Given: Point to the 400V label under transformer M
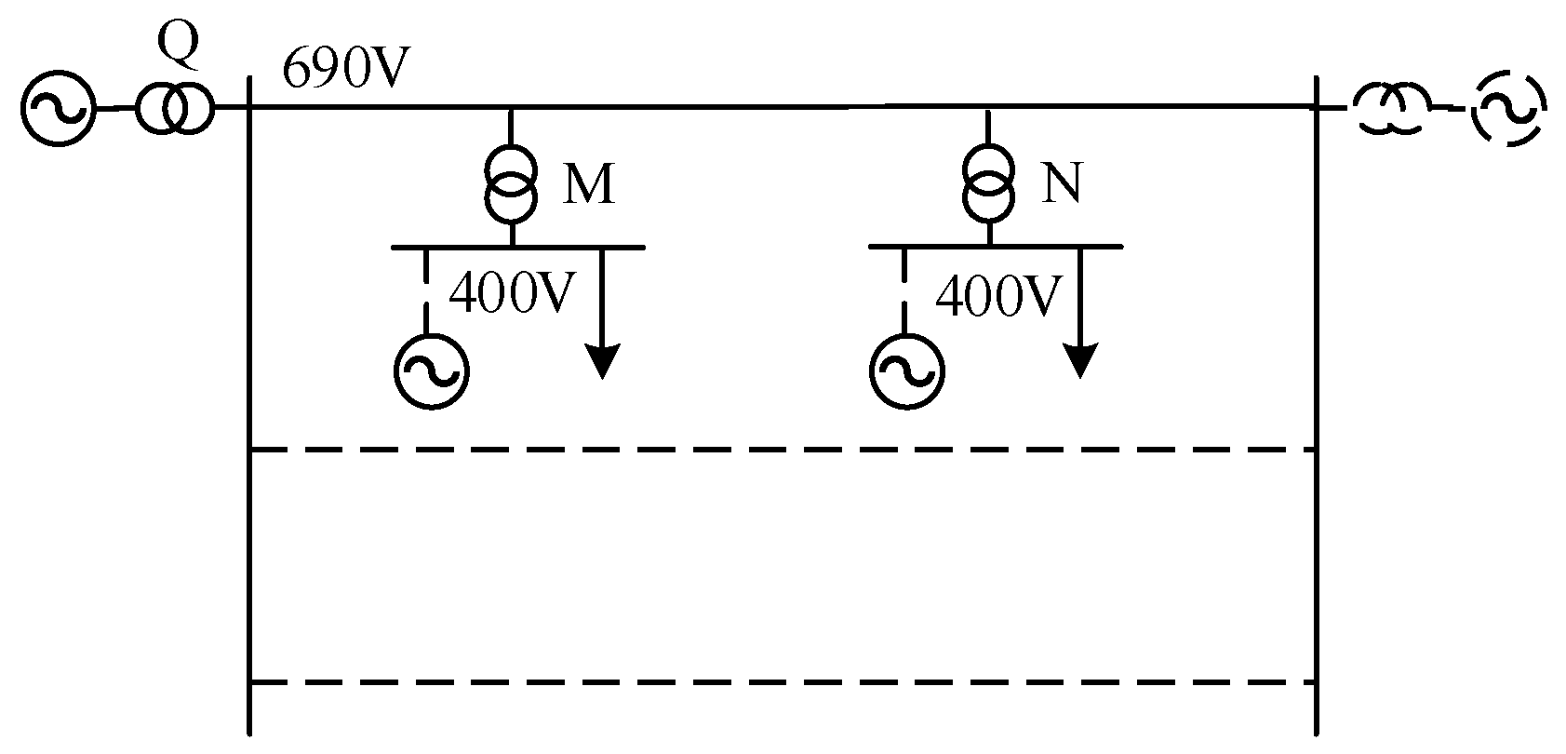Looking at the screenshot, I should pyautogui.click(x=507, y=297).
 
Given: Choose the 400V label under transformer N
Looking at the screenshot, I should pyautogui.click(x=997, y=297).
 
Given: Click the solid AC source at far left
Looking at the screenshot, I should pyautogui.click(x=58, y=110).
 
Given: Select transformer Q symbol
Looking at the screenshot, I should pyautogui.click(x=174, y=110).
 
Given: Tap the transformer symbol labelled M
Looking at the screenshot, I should pyautogui.click(x=511, y=182).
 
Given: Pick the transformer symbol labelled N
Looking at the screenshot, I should pyautogui.click(x=988, y=182).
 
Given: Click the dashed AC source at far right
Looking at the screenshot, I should pyautogui.click(x=1508, y=110).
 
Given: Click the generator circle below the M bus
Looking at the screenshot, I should pyautogui.click(x=430, y=371).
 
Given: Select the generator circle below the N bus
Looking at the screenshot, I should pyautogui.click(x=906, y=371).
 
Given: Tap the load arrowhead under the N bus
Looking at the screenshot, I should pyautogui.click(x=1080, y=360).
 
